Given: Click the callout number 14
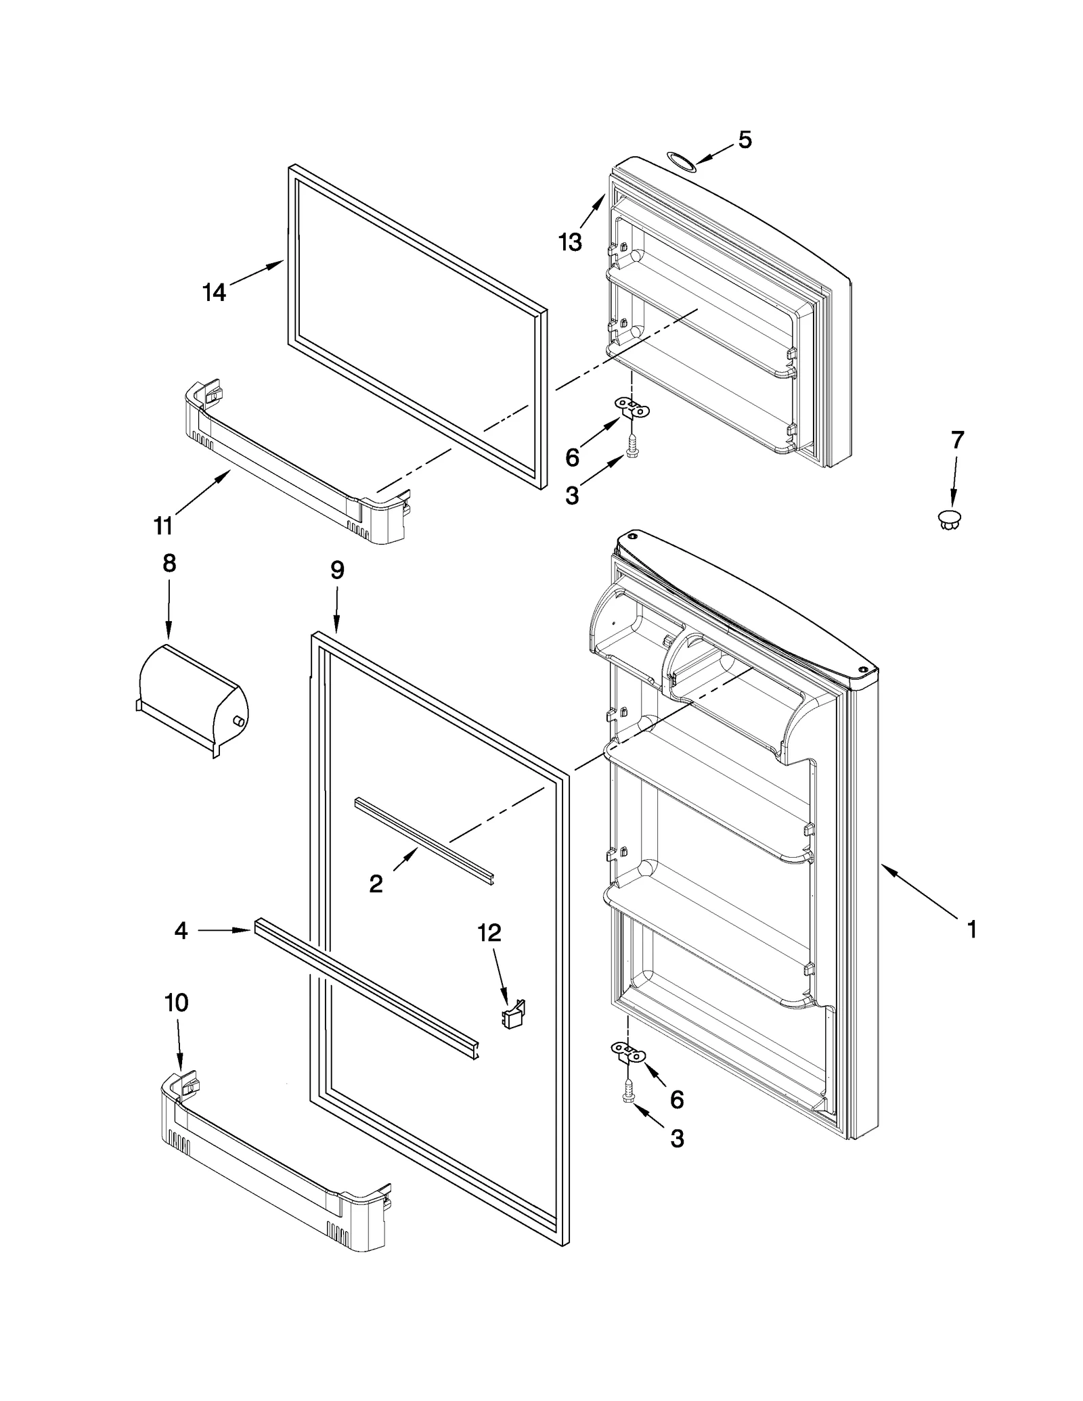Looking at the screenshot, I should (x=214, y=292).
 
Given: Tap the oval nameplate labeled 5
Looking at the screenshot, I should (x=680, y=161).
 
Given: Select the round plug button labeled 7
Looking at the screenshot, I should (x=950, y=520).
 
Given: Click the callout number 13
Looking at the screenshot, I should (x=570, y=242).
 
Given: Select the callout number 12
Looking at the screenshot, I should (x=489, y=933).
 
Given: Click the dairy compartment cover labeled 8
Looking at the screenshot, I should (x=193, y=699).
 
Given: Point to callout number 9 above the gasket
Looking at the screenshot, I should (x=337, y=570).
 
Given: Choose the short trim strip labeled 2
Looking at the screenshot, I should (x=425, y=840).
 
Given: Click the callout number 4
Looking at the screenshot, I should (x=181, y=931).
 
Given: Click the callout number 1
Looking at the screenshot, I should (x=972, y=930).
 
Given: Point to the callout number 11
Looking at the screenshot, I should (x=163, y=525).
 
